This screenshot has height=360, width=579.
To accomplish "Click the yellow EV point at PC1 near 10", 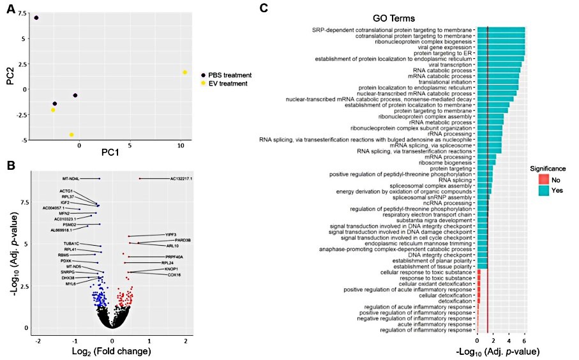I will coord(184,72).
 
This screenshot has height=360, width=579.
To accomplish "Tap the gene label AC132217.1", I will coord(181,179).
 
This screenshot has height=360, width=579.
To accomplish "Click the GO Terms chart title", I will coord(395,19).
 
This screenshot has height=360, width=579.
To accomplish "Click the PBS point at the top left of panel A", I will coord(36,18).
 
